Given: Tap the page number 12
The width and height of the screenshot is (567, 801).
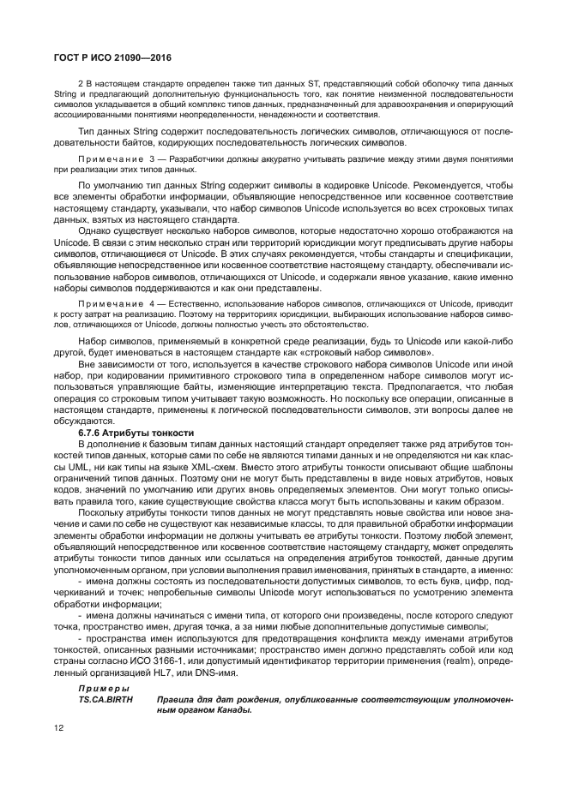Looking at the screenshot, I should [x=59, y=729].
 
